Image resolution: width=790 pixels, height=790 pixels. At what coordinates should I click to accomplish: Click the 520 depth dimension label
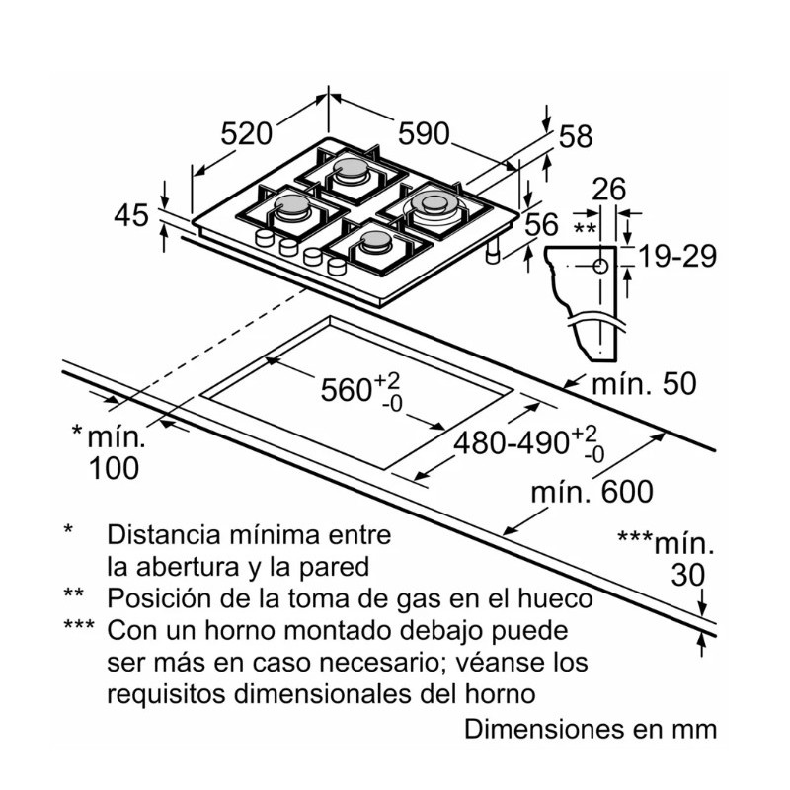[247, 133]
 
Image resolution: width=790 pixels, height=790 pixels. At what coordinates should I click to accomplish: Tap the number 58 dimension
[575, 136]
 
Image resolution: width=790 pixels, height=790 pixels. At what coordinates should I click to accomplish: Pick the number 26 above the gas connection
[610, 188]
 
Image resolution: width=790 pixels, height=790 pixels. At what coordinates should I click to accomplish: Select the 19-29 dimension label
[677, 257]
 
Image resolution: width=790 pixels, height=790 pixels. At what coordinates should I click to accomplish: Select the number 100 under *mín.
[114, 468]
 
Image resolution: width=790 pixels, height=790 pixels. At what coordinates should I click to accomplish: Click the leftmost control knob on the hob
[265, 240]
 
